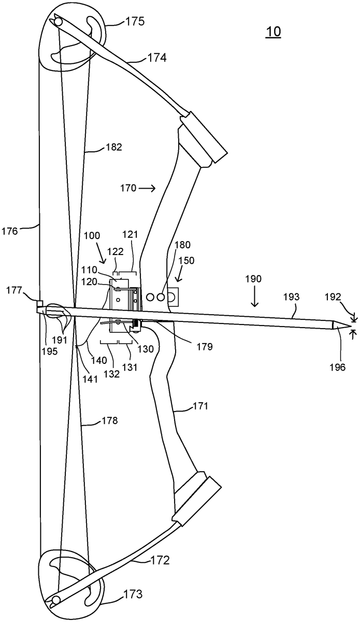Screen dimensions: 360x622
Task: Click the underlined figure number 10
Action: [273, 32]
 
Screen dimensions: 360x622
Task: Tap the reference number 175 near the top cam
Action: [135, 21]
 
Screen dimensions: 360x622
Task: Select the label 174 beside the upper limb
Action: [157, 58]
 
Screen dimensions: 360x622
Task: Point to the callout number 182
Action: [114, 147]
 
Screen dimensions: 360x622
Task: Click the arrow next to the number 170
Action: [147, 189]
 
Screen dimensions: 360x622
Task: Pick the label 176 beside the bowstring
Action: [10, 231]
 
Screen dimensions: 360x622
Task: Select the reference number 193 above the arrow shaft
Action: [292, 297]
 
